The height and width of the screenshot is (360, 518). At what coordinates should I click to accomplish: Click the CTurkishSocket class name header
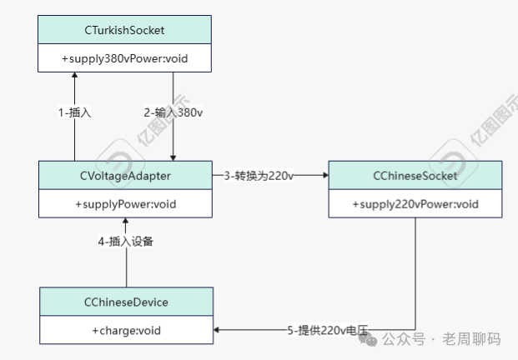tap(125, 31)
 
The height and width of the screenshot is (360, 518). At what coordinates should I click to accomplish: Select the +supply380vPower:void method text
tap(125, 60)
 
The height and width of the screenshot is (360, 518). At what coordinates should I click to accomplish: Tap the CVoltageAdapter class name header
tap(125, 176)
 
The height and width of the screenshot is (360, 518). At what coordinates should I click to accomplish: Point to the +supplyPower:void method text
tap(125, 204)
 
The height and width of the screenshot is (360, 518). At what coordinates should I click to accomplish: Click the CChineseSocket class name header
tap(415, 176)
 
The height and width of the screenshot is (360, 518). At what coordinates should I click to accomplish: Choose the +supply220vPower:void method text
tap(415, 204)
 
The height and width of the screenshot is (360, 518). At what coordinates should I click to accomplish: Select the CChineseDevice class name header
tap(125, 302)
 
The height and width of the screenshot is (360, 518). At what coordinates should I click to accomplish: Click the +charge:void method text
tap(125, 331)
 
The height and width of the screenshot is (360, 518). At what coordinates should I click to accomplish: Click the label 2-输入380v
tap(173, 112)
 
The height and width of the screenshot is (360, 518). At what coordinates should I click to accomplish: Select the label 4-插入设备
tap(125, 242)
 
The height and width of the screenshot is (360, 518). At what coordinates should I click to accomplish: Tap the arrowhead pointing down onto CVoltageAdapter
tap(173, 157)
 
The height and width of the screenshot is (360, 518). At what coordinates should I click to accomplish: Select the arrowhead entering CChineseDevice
tap(217, 331)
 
